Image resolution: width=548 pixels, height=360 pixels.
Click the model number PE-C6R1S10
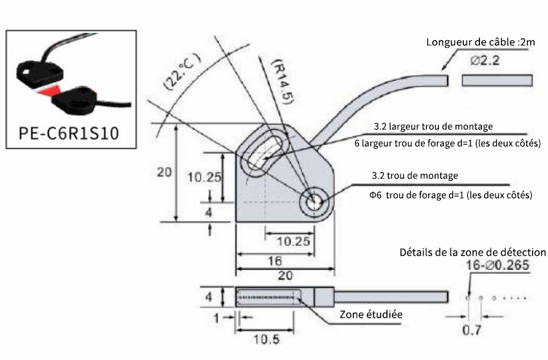coord(69,133)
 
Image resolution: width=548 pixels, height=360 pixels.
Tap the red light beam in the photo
coord(49,91)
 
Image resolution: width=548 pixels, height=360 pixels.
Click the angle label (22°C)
coord(182,71)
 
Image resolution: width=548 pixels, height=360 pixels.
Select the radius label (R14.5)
coord(282,81)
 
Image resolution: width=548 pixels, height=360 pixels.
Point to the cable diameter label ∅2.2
coord(485,61)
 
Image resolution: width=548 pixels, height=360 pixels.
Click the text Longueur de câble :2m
coord(481,42)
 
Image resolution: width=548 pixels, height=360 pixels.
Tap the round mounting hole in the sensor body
coord(315,202)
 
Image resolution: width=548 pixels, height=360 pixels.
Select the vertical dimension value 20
coord(164,172)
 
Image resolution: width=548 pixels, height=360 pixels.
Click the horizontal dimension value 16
coord(275,261)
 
